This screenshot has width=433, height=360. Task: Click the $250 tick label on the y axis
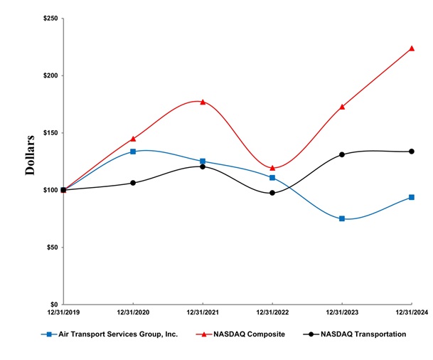click(50, 18)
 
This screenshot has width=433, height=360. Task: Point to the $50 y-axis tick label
click(51, 248)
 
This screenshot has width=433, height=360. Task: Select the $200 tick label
click(50, 75)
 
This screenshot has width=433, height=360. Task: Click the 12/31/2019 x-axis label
click(63, 313)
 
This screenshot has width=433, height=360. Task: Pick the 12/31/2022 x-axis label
click(272, 313)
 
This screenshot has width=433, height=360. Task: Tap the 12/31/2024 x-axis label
click(411, 313)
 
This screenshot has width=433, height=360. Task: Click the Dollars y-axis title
click(31, 154)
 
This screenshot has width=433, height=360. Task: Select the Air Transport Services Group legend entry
click(107, 334)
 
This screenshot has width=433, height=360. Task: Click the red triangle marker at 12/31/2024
click(412, 48)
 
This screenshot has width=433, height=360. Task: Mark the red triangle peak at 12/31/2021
click(203, 102)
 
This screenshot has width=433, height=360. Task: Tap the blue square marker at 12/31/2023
click(342, 218)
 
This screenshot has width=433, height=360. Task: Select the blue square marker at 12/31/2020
click(133, 152)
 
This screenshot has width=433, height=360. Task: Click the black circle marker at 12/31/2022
click(272, 193)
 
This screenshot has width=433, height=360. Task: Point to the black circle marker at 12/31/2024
click(412, 151)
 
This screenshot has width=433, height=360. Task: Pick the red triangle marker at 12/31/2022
click(272, 168)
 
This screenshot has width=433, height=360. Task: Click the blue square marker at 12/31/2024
click(412, 197)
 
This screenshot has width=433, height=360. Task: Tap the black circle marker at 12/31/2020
click(133, 183)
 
